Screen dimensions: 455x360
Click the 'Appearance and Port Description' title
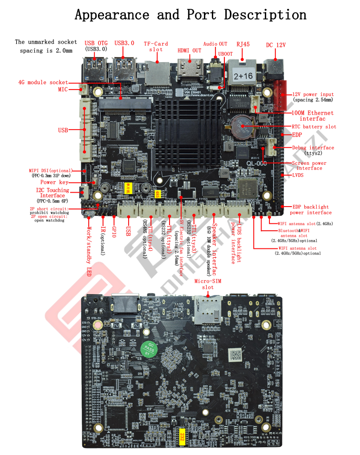[x=190, y=14]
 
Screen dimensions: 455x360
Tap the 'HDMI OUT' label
[x=190, y=51]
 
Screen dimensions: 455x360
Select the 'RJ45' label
[x=243, y=44]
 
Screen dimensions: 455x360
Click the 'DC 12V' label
[x=275, y=45]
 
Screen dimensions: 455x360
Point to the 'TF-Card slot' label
[x=156, y=46]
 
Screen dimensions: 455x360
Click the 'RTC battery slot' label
[x=314, y=127]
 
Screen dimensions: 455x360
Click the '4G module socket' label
[x=43, y=82]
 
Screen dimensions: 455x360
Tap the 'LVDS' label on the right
[x=298, y=175]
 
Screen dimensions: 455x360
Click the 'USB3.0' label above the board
[x=124, y=43]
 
